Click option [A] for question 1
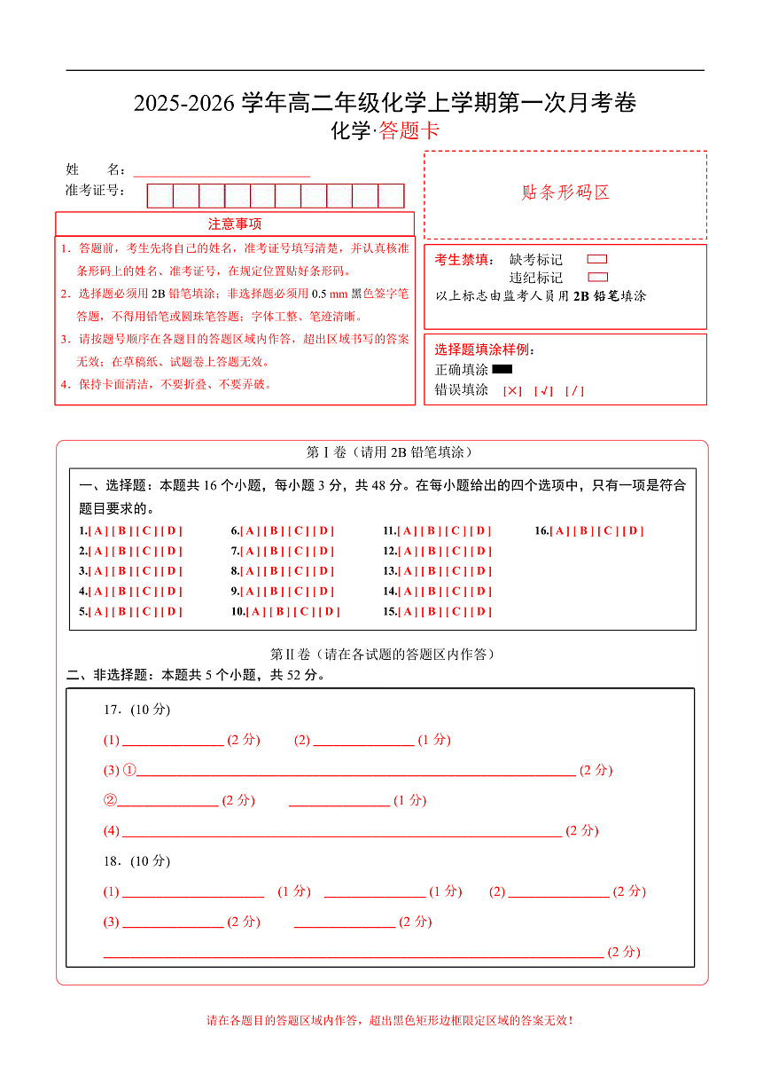98,531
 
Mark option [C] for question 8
300,571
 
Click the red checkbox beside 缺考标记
597,260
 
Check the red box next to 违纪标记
597,278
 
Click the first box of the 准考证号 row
160,196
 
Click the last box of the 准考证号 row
391,196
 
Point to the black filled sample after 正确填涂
502,369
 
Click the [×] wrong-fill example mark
512,390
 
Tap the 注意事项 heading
235,224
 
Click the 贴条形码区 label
565,193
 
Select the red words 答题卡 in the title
409,131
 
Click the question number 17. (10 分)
136,710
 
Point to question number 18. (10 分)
136,861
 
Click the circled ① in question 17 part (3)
129,770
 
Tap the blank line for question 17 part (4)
341,831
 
